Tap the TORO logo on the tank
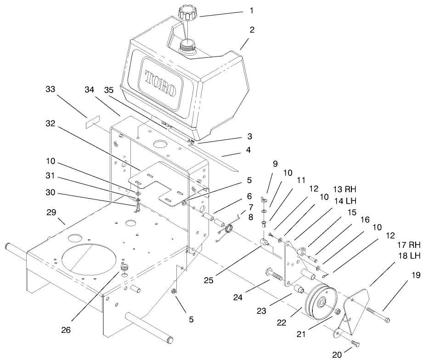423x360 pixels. point(160,83)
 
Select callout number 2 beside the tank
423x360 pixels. point(252,29)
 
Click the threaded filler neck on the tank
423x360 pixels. point(187,45)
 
